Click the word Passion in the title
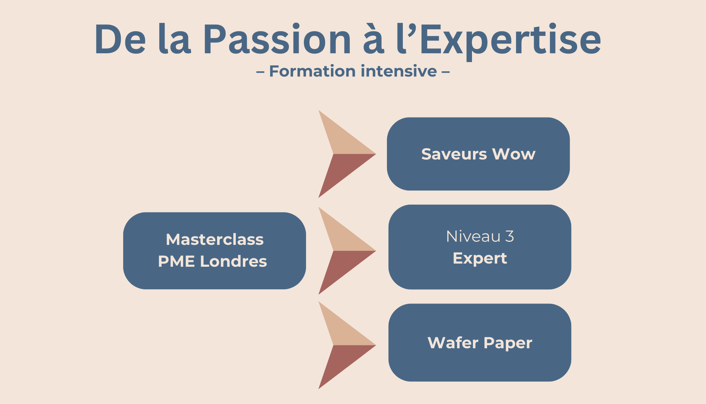click(x=277, y=40)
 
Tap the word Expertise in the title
click(x=510, y=40)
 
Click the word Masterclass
click(x=215, y=240)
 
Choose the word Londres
click(x=233, y=261)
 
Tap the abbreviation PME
click(x=176, y=261)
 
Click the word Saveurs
click(x=454, y=154)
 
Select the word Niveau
click(x=473, y=236)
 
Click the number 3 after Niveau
click(x=509, y=236)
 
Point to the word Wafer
click(x=453, y=343)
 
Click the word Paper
click(x=508, y=343)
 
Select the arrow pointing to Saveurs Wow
click(x=344, y=154)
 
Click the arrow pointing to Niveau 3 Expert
click(x=344, y=251)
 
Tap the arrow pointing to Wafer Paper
click(x=344, y=345)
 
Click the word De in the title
click(x=120, y=40)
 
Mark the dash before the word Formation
click(x=260, y=72)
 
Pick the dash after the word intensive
click(x=445, y=72)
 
